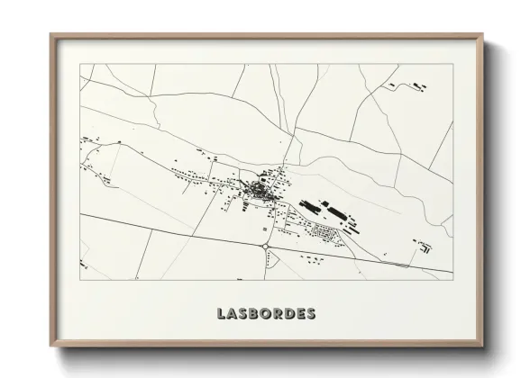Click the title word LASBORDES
pos(266,314)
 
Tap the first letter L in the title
pos(222,314)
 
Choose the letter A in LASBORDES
pos(233,314)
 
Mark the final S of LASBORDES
pos(311,314)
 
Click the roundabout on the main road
pos(266,244)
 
